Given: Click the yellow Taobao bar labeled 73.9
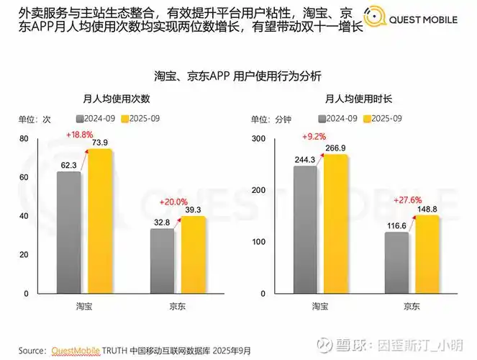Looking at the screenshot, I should point(100,221).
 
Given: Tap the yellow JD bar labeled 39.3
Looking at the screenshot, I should point(192,255).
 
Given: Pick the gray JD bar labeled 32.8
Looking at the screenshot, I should point(161,261).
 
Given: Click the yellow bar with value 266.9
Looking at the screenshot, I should point(335,224).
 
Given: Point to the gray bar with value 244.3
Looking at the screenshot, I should point(305,230).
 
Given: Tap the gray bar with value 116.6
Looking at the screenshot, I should point(396,263).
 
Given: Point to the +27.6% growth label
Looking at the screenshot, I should point(408,199).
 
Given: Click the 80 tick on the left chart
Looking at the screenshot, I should point(24,138).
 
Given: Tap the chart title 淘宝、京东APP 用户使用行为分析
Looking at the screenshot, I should point(237,76).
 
